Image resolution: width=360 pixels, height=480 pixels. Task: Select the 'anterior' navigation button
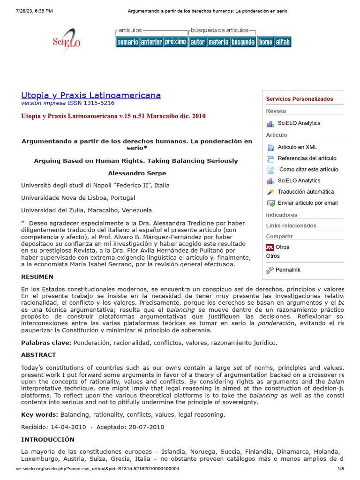coord(151,42)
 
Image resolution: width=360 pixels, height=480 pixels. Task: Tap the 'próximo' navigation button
coord(175,42)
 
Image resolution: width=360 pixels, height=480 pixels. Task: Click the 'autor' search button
coord(197,42)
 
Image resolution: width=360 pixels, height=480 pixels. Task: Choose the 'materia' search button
coord(218,42)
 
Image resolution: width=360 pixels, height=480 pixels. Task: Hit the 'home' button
coord(265,42)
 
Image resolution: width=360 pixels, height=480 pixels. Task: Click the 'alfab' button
coord(283,42)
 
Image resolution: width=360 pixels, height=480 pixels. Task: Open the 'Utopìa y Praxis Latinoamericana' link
coord(91,95)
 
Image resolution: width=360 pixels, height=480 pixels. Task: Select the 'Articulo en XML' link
coord(297,147)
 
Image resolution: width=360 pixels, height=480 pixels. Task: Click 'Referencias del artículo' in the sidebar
coord(307,158)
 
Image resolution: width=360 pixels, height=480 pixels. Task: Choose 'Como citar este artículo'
coord(308,170)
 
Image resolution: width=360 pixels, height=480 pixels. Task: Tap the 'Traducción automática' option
coord(306,192)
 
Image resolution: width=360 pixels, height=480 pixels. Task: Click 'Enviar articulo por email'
coord(307,203)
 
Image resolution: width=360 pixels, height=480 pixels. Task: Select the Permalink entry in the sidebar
coord(288,270)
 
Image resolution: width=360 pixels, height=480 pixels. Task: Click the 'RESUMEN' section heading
coord(37,277)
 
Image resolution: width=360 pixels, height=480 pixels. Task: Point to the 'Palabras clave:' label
coord(46,343)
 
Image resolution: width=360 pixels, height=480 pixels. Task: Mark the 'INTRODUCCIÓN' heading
coord(48,440)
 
